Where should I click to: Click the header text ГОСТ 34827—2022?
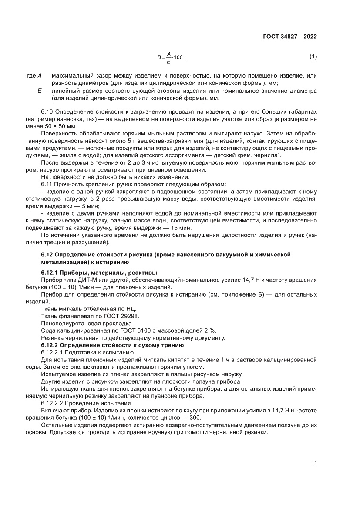(289, 37)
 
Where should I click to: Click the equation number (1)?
(313, 57)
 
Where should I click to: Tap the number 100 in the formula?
(179, 57)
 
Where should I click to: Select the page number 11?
(313, 463)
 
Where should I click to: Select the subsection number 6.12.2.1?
(52, 352)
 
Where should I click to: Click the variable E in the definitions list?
(40, 91)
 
